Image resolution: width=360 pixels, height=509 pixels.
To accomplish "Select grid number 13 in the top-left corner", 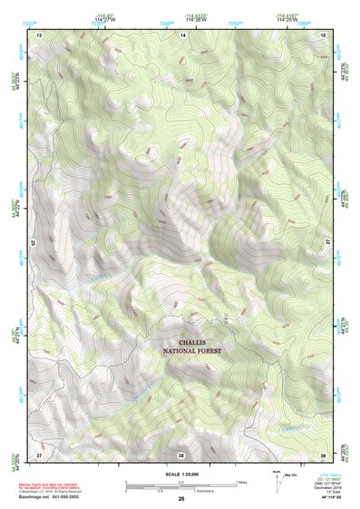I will (x=39, y=34).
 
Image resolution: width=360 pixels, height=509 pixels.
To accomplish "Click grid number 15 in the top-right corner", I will (x=324, y=34).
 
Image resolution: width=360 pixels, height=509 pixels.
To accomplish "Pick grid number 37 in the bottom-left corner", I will (x=39, y=454).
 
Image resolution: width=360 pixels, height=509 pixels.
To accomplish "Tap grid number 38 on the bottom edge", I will (x=181, y=454).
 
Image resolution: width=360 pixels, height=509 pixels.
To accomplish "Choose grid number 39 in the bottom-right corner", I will (x=324, y=454).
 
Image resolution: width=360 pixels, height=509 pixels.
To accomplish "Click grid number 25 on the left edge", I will (x=34, y=243).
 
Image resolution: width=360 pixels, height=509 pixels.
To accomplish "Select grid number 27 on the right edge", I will (x=328, y=243).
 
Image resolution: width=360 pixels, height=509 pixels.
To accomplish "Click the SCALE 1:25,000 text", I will (x=181, y=475).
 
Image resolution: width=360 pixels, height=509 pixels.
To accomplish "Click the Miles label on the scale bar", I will (x=241, y=480).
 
